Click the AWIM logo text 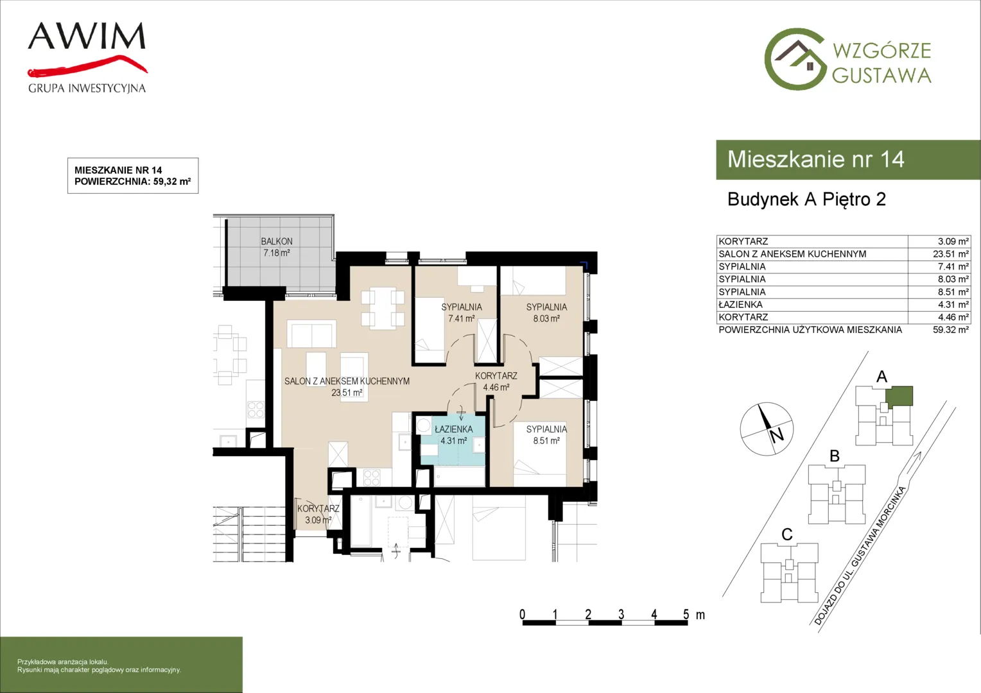pos(87,36)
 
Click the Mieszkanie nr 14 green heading pos(815,159)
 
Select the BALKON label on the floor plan pos(277,241)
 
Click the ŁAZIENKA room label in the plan pos(454,429)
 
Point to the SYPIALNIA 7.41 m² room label pos(462,312)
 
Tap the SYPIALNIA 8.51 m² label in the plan pos(546,434)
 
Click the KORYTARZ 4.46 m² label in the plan pos(496,381)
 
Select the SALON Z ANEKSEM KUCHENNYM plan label pos(347,381)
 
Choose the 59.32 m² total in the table pos(950,330)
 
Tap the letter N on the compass pos(777,436)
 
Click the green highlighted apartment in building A pos(899,396)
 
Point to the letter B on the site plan pos(835,456)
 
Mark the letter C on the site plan pos(787,535)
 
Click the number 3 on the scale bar pos(621,614)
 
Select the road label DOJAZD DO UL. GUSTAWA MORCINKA pos(860,555)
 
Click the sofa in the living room pos(311,334)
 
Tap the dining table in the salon pos(383,308)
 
